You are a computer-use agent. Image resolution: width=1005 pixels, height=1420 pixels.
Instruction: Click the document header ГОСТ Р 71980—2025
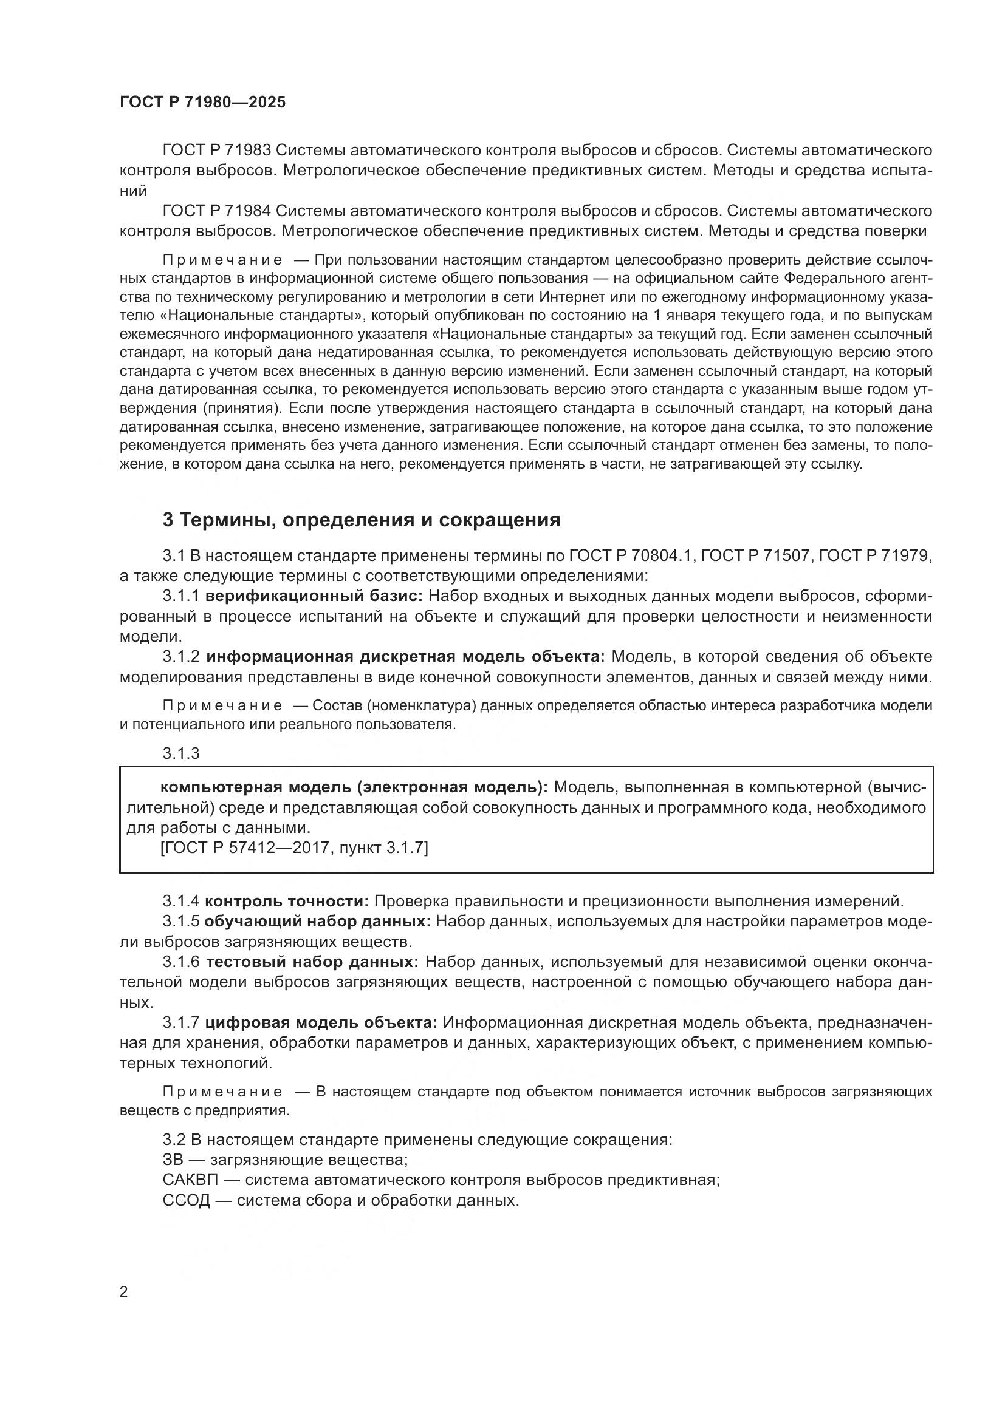[202, 103]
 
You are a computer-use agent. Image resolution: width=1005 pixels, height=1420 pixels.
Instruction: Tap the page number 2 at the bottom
[124, 1292]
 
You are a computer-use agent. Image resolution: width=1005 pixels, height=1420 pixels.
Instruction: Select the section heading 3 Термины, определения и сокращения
[362, 520]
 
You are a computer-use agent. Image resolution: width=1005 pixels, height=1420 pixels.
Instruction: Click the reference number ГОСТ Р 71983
[216, 151]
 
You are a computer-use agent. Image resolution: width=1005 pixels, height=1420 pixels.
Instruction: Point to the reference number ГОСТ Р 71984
[216, 211]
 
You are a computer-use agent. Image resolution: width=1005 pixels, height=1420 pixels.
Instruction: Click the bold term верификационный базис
[314, 596]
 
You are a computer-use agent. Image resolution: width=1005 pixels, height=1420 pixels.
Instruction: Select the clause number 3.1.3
[180, 753]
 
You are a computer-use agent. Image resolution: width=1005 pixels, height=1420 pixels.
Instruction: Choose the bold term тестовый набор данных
[312, 962]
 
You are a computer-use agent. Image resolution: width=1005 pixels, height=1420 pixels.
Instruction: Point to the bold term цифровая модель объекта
[321, 1022]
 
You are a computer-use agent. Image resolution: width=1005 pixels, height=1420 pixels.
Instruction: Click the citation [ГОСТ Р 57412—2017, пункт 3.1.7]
[294, 848]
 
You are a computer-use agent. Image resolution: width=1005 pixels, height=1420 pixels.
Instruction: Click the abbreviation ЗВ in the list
[173, 1160]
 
